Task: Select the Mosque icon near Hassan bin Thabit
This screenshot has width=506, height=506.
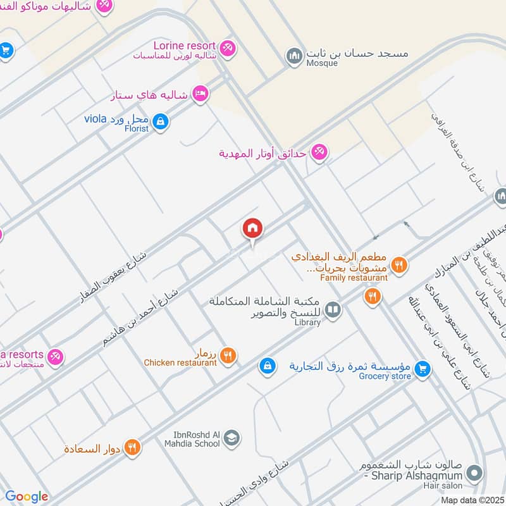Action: click(293, 56)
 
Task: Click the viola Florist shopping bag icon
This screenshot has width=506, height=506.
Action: click(161, 121)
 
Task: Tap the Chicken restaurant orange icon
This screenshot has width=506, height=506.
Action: click(229, 355)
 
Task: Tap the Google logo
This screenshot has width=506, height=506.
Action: click(27, 497)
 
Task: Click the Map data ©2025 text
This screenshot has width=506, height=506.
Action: click(472, 500)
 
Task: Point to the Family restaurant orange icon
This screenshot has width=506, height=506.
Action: click(398, 265)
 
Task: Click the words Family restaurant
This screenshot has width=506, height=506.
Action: click(354, 278)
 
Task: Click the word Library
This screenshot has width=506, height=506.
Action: click(307, 323)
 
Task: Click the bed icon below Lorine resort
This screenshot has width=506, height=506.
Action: click(201, 93)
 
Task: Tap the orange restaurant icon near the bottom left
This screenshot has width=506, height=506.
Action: click(132, 447)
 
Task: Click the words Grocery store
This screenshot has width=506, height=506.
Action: click(385, 376)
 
